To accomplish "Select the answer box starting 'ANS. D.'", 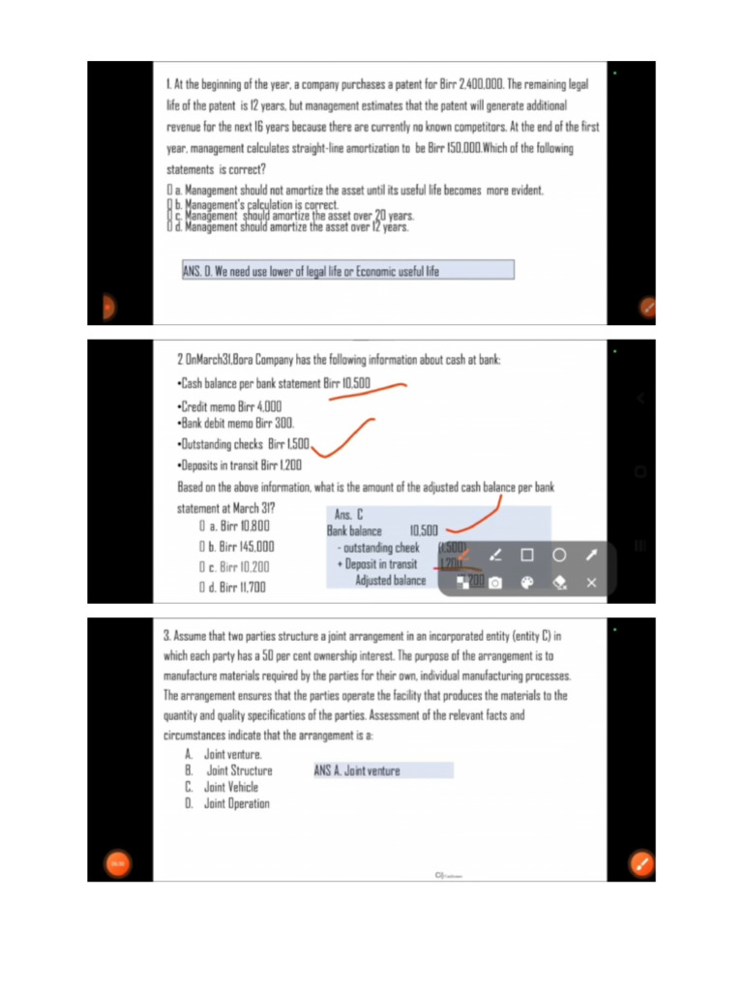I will [347, 270].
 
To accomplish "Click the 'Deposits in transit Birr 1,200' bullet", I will [240, 465].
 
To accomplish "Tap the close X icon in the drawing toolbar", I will [591, 583].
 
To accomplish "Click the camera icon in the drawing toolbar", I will [494, 583].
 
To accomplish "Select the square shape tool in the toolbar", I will [527, 556].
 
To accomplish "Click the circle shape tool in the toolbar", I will [559, 556].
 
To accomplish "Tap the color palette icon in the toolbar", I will [527, 583].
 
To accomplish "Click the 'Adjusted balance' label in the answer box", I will [390, 581].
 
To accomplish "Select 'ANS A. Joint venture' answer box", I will [382, 770].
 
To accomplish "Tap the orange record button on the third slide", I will [117, 861].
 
